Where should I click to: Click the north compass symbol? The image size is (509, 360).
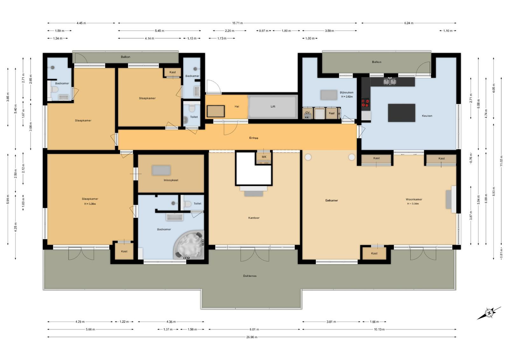489,314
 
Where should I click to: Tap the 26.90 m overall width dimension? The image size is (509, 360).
252,337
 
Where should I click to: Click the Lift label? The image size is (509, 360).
273,106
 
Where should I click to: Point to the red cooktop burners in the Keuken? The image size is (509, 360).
366,102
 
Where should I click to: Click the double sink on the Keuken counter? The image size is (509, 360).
390,81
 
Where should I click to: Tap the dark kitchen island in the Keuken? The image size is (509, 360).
401,113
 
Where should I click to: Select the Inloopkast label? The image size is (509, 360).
171,180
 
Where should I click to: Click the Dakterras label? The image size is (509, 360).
250,276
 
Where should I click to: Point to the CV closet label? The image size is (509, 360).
307,112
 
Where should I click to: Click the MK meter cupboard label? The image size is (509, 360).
264,157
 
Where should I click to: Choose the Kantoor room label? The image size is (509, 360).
254,218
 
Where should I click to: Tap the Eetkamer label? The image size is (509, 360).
331,200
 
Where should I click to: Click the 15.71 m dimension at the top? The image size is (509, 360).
237,23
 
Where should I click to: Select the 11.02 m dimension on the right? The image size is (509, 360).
501,161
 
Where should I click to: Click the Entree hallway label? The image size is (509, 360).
254,138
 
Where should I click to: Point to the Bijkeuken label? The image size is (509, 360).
346,92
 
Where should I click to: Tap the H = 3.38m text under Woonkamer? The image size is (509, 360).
413,204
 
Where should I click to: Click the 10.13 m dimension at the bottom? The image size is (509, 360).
379,329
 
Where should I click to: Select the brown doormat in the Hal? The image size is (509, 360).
216,111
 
